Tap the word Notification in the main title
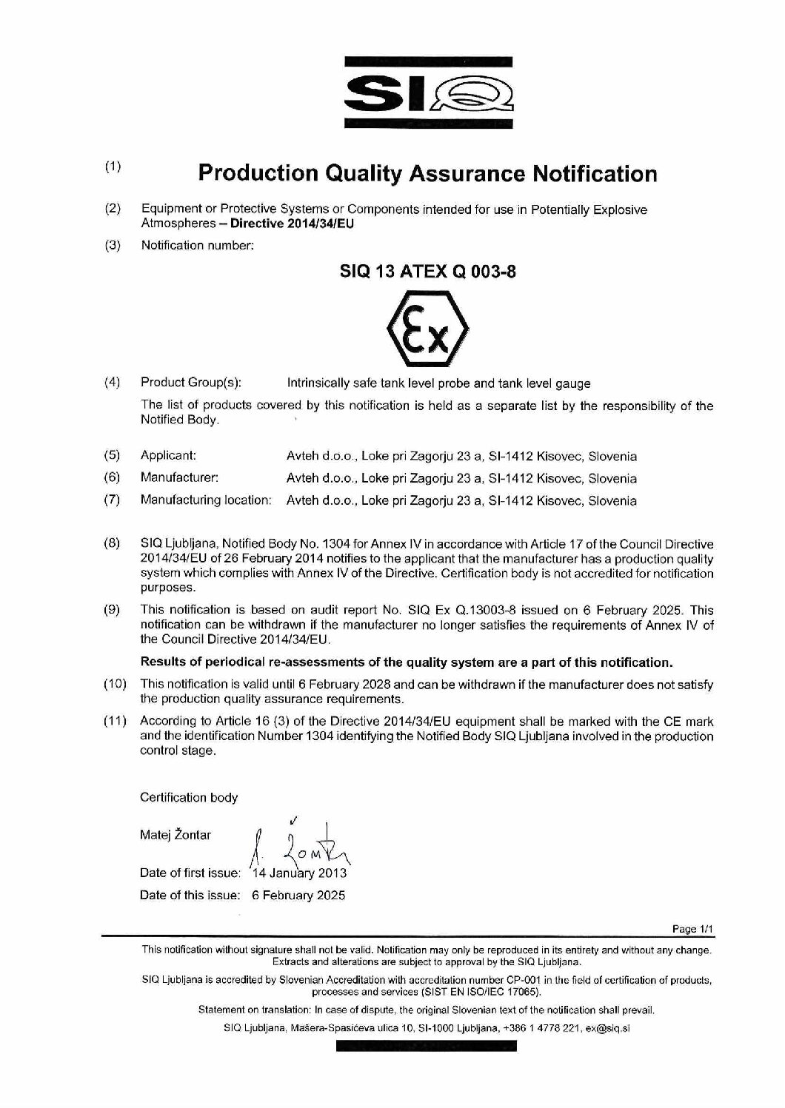[596, 174]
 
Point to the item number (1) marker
[113, 167]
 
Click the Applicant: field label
[168, 455]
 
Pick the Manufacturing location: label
[205, 500]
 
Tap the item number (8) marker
[113, 544]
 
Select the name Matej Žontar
[176, 836]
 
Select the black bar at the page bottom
[426, 1046]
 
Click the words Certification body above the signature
[189, 797]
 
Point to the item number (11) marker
[115, 721]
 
